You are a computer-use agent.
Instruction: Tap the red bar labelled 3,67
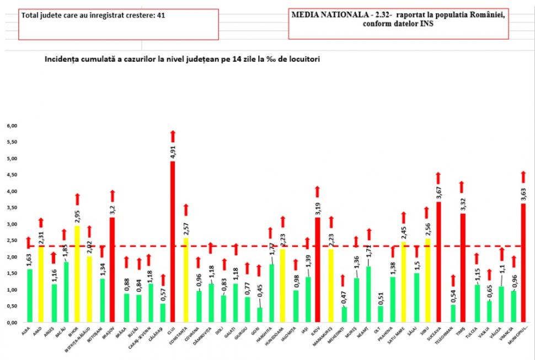click(439, 261)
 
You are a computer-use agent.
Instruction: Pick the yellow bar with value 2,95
click(77, 273)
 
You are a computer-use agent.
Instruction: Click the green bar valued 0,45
click(260, 314)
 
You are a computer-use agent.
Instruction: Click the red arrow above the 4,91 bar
click(173, 136)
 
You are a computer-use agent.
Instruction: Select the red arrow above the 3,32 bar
click(461, 187)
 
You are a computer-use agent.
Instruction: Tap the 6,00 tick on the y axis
click(12, 126)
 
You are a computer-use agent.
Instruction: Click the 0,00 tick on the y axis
click(12, 323)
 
